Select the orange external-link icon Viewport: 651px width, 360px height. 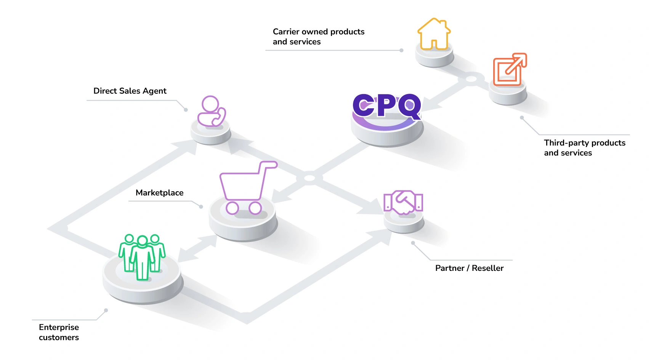pos(510,69)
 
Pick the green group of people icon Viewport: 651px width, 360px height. pos(142,257)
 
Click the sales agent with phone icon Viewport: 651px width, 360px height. pos(212,111)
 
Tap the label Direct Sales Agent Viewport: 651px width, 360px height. pos(130,91)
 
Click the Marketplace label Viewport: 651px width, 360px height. pos(159,193)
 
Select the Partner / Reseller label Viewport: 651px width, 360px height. pos(469,268)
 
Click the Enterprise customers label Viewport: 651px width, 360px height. pos(59,333)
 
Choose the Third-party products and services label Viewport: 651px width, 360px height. pos(584,148)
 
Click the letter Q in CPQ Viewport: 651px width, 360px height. pos(410,106)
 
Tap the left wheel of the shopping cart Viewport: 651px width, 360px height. pos(232,208)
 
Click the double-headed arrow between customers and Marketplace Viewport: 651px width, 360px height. pos(197,248)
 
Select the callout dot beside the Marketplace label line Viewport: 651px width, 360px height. pos(201,206)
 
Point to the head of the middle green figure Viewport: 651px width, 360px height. pos(142,241)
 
